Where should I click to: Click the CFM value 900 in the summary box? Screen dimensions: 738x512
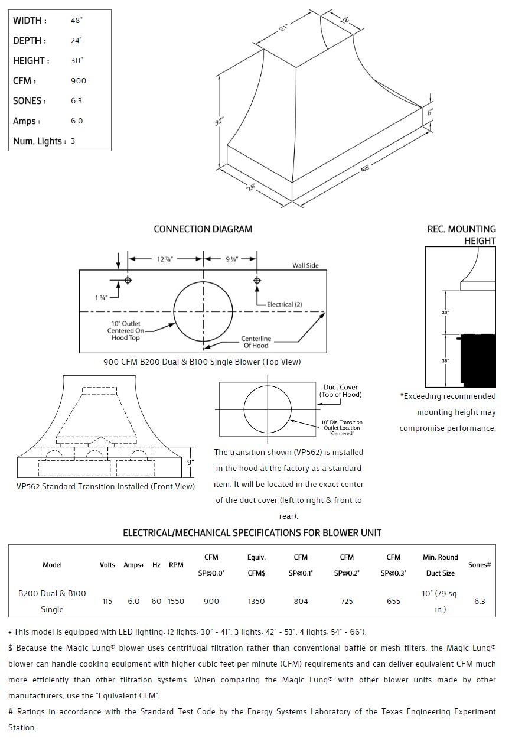tap(79, 81)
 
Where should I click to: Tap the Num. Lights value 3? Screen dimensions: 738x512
tap(73, 141)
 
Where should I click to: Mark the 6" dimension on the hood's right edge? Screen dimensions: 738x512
tap(431, 111)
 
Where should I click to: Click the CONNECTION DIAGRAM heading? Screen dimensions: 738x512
tap(203, 229)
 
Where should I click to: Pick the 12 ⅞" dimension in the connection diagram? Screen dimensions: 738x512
tap(166, 259)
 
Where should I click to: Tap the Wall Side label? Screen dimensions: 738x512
tap(305, 266)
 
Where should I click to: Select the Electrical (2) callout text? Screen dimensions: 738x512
tap(285, 304)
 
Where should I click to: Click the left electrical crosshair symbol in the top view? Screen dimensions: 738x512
tap(128, 279)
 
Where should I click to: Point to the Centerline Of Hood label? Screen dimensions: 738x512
tap(256, 342)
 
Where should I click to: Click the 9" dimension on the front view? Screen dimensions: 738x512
tap(190, 462)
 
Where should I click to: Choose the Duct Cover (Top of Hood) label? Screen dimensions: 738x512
tap(340, 391)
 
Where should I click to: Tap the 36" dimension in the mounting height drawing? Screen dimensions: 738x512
tap(445, 360)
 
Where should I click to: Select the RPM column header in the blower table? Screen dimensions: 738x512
tap(176, 565)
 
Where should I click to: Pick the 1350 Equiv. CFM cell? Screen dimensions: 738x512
tap(256, 602)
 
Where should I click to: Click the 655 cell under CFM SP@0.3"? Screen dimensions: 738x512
tap(393, 602)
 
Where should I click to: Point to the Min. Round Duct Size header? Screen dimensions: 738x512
tap(440, 565)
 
